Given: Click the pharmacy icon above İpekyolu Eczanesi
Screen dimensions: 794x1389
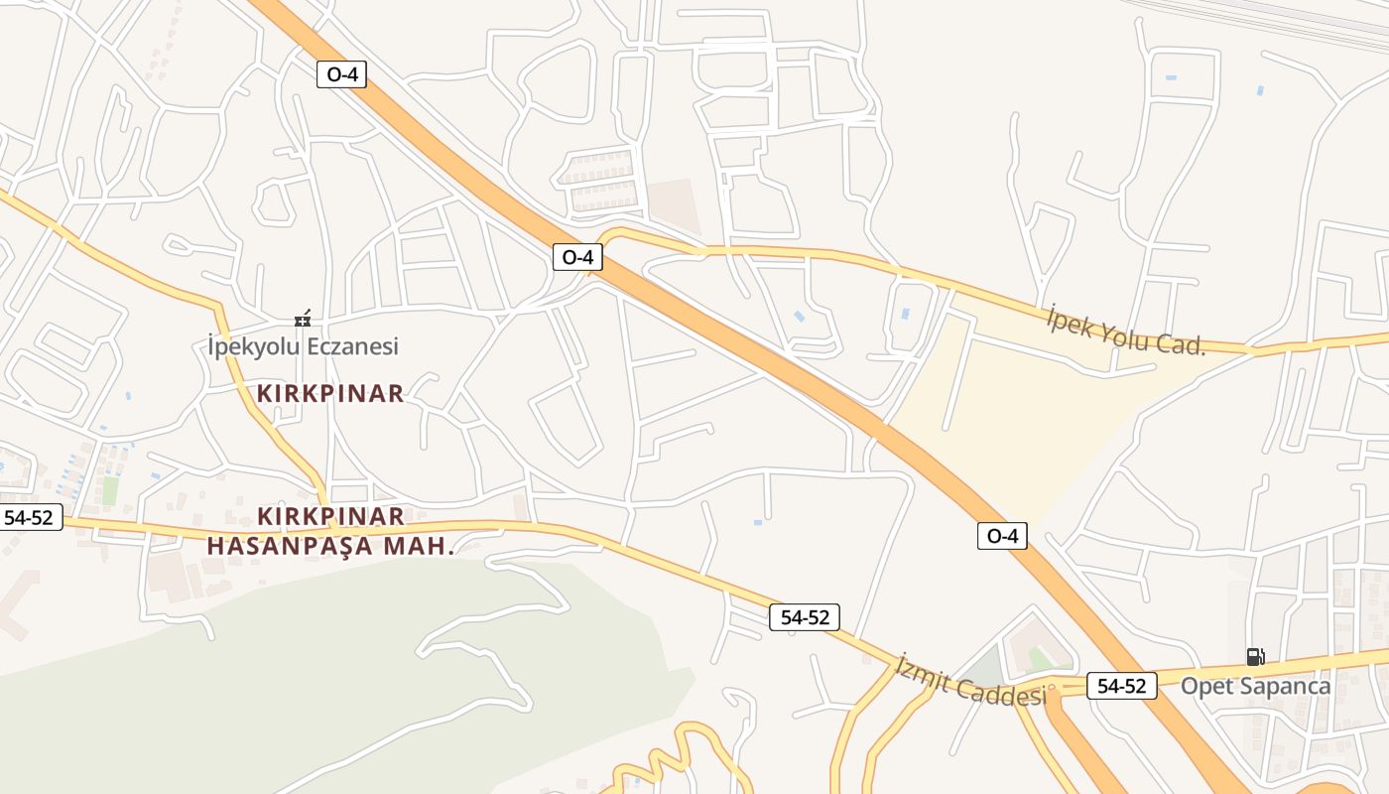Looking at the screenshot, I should tap(303, 320).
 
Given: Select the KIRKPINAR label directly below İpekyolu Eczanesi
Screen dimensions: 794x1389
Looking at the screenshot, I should tap(330, 394).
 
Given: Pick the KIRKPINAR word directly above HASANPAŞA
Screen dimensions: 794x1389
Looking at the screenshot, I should tap(330, 516).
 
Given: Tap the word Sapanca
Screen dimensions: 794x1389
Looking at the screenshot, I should tap(1284, 686).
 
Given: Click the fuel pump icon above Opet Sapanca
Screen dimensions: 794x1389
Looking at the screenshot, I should tap(1255, 656).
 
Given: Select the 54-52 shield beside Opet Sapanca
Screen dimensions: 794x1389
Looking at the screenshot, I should tap(1121, 686).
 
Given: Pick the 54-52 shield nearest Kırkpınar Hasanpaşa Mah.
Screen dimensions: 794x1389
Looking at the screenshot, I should tap(28, 517).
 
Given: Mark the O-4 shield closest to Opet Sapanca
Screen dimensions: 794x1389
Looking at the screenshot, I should tap(1002, 536).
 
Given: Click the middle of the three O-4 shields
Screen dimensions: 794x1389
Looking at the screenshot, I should tap(577, 257).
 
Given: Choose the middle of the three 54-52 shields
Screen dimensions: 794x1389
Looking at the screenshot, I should tap(805, 617).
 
